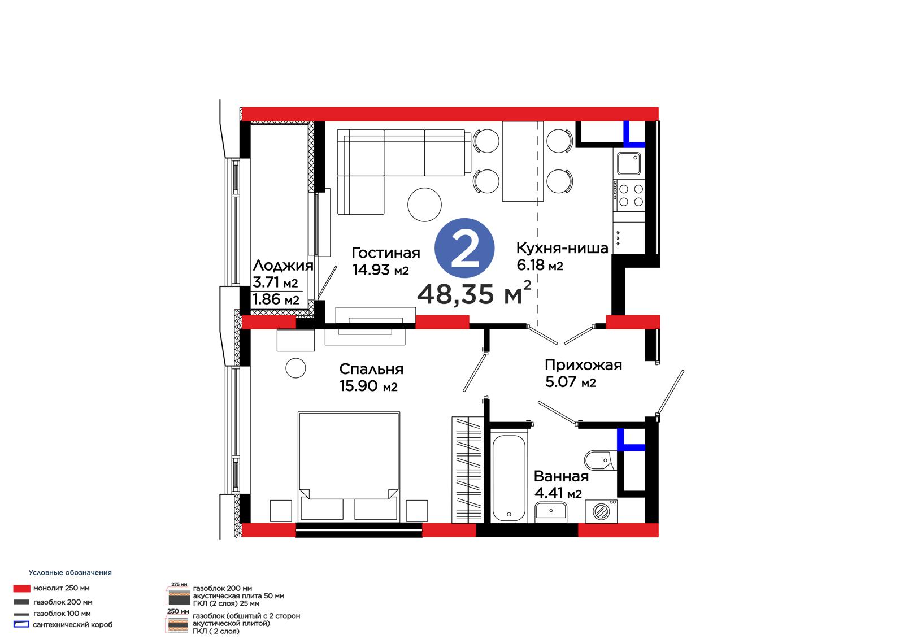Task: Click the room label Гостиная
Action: coord(385,253)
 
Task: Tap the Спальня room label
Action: coord(371,369)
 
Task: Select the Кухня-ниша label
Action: coord(562,248)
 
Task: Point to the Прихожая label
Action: coord(583,365)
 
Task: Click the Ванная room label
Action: coord(561,476)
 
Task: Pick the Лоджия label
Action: coord(283,266)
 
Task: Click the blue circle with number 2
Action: coord(464,248)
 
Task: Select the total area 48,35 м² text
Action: coord(474,293)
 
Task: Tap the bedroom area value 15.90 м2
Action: coord(368,386)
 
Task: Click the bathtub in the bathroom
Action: coord(508,478)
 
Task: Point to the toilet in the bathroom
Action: coord(601,460)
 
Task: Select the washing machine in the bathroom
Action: coord(601,511)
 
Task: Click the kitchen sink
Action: coord(628,163)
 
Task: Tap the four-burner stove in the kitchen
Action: coord(629,196)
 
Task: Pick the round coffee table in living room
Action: coord(424,205)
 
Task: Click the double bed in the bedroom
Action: coord(349,467)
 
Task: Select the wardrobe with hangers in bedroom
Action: coord(467,470)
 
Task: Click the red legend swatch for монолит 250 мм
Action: coord(22,589)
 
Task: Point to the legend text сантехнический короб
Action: coord(73,625)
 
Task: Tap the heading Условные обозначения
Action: coord(70,572)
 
